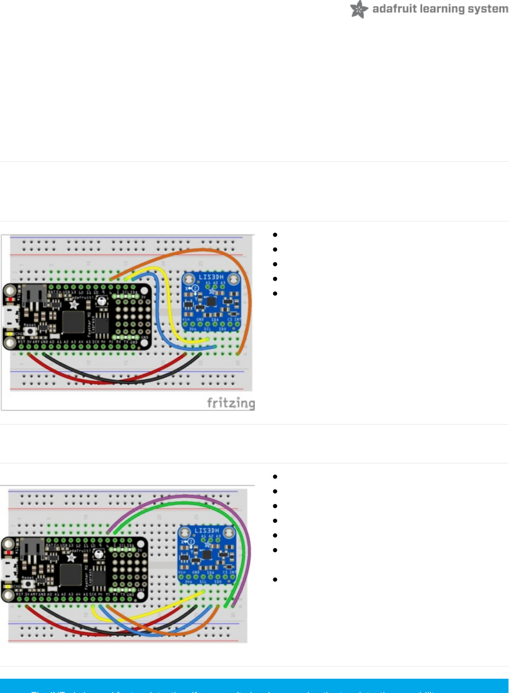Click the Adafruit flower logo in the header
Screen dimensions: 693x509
[x=359, y=9]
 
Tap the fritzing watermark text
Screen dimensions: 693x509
[x=231, y=403]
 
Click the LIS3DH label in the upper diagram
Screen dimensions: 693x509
[x=211, y=277]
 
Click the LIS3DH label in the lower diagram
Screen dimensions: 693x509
[x=207, y=531]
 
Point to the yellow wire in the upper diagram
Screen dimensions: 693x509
[x=166, y=296]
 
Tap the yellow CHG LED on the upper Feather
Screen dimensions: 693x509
[x=9, y=334]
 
